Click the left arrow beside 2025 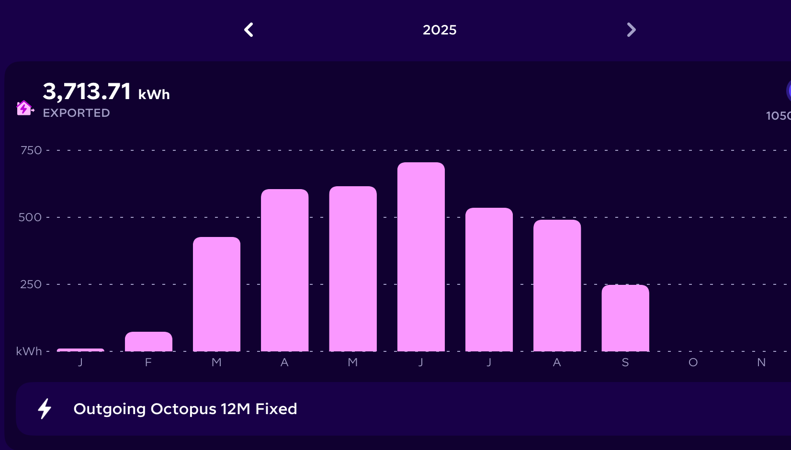(249, 30)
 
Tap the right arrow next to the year (631, 30)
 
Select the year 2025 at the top (440, 30)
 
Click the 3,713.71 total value (87, 91)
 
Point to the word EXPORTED (77, 113)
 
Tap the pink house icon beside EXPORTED (24, 108)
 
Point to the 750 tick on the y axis (31, 150)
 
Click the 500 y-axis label (30, 217)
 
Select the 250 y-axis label (31, 284)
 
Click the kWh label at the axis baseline (29, 351)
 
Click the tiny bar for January (80, 350)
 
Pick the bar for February (148, 342)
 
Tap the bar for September (625, 318)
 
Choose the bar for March (216, 294)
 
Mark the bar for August (557, 286)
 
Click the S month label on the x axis (625, 363)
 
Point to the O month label (693, 363)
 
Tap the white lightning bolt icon (45, 409)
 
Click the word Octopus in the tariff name (183, 409)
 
